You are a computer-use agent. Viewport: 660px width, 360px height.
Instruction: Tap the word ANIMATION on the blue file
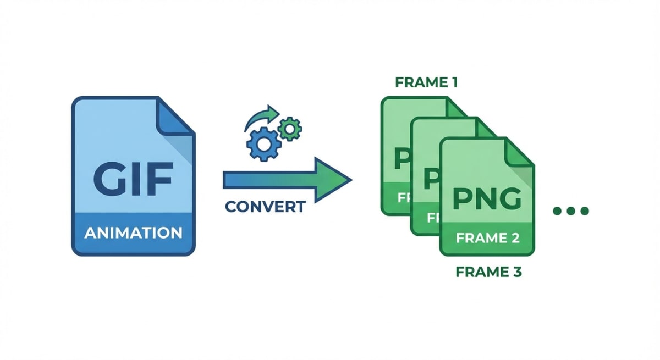pyautogui.click(x=133, y=232)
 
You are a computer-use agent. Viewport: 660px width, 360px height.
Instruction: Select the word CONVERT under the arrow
pyautogui.click(x=265, y=207)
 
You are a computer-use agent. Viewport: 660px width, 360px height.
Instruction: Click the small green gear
pyautogui.click(x=289, y=128)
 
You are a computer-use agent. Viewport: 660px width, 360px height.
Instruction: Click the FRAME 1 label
pyautogui.click(x=426, y=83)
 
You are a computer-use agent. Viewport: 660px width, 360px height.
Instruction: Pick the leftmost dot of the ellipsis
pyautogui.click(x=557, y=211)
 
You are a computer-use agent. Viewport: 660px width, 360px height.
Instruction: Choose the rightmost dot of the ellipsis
pyautogui.click(x=584, y=211)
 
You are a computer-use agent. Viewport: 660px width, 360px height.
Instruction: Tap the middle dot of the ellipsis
pyautogui.click(x=571, y=211)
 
